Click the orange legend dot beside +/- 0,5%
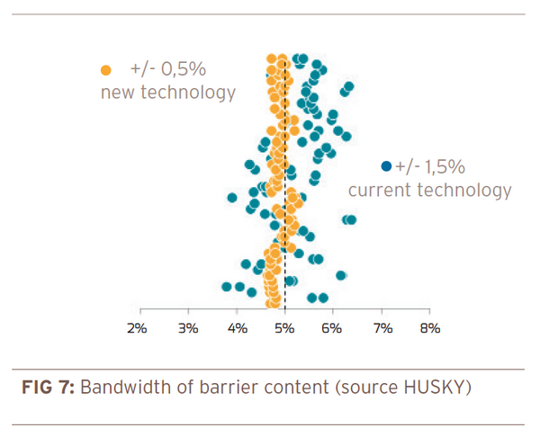tap(106, 69)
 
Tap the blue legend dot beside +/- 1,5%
tap(386, 165)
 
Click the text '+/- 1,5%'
tap(429, 166)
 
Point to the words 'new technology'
tap(167, 93)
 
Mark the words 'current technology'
tap(429, 190)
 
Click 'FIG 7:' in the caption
tap(49, 388)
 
